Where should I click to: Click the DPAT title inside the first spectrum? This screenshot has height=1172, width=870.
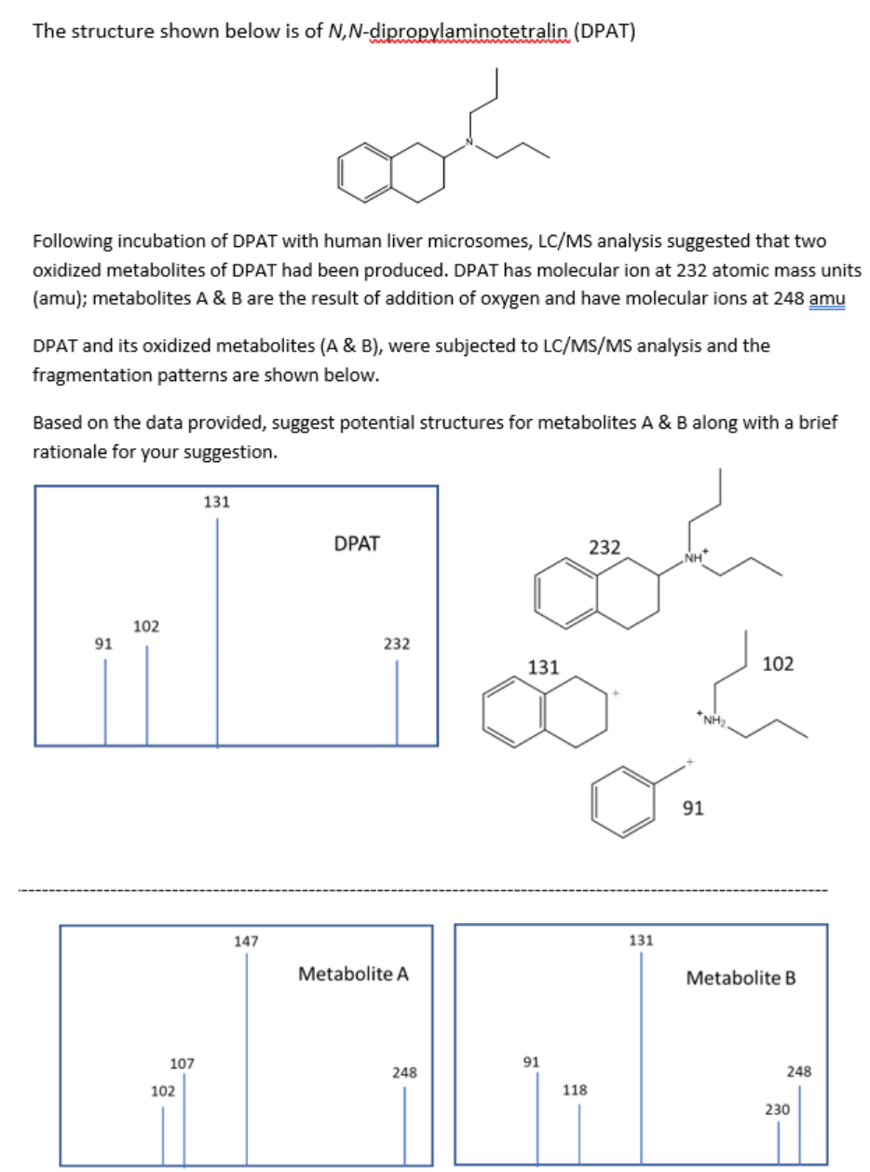(x=356, y=543)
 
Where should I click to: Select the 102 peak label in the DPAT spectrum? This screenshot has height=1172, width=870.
(x=145, y=625)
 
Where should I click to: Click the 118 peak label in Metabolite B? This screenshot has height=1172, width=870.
(x=578, y=1089)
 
